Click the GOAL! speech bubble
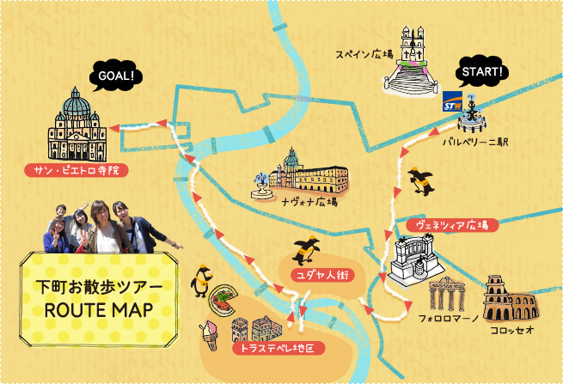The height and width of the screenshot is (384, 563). (114, 78)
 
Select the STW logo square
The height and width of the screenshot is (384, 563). (452, 103)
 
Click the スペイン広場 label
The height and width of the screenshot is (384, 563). (364, 55)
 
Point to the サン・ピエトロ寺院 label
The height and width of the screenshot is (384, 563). (76, 170)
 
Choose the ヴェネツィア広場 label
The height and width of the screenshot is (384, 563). (451, 225)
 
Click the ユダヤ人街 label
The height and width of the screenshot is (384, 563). (316, 275)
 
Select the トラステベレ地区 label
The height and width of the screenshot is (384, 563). (278, 348)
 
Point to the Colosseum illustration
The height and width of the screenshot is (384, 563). (507, 298)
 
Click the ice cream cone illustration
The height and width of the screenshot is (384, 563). (208, 334)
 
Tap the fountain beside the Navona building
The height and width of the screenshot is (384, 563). (259, 186)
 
